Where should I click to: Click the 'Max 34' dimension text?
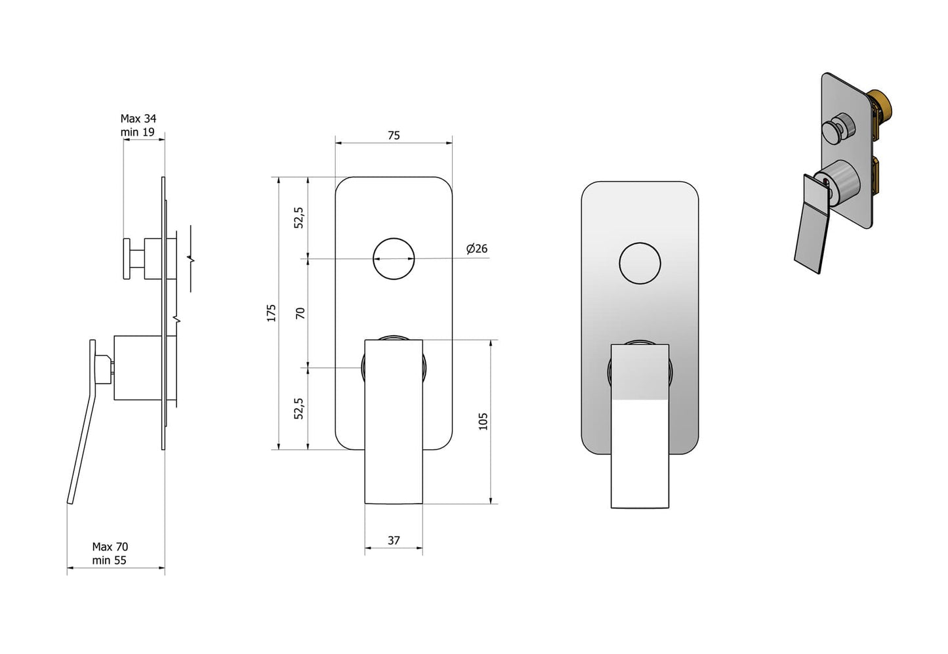(138, 119)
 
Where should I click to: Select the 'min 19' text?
(137, 132)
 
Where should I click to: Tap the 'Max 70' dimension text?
(110, 546)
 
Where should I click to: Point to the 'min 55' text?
(109, 560)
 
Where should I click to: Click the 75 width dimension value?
(394, 135)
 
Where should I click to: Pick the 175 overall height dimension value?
(272, 313)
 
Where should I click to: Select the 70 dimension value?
(300, 313)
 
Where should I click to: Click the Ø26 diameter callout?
(477, 249)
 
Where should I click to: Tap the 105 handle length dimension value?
(483, 421)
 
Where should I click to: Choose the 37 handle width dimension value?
(394, 541)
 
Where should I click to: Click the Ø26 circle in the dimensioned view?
(394, 258)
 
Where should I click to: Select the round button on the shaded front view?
(640, 263)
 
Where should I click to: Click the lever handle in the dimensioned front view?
(394, 426)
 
